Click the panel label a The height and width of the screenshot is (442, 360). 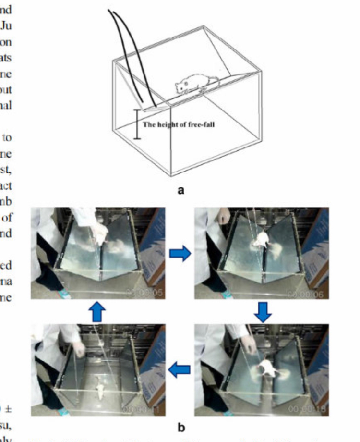(181, 190)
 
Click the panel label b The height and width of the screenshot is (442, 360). (181, 425)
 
